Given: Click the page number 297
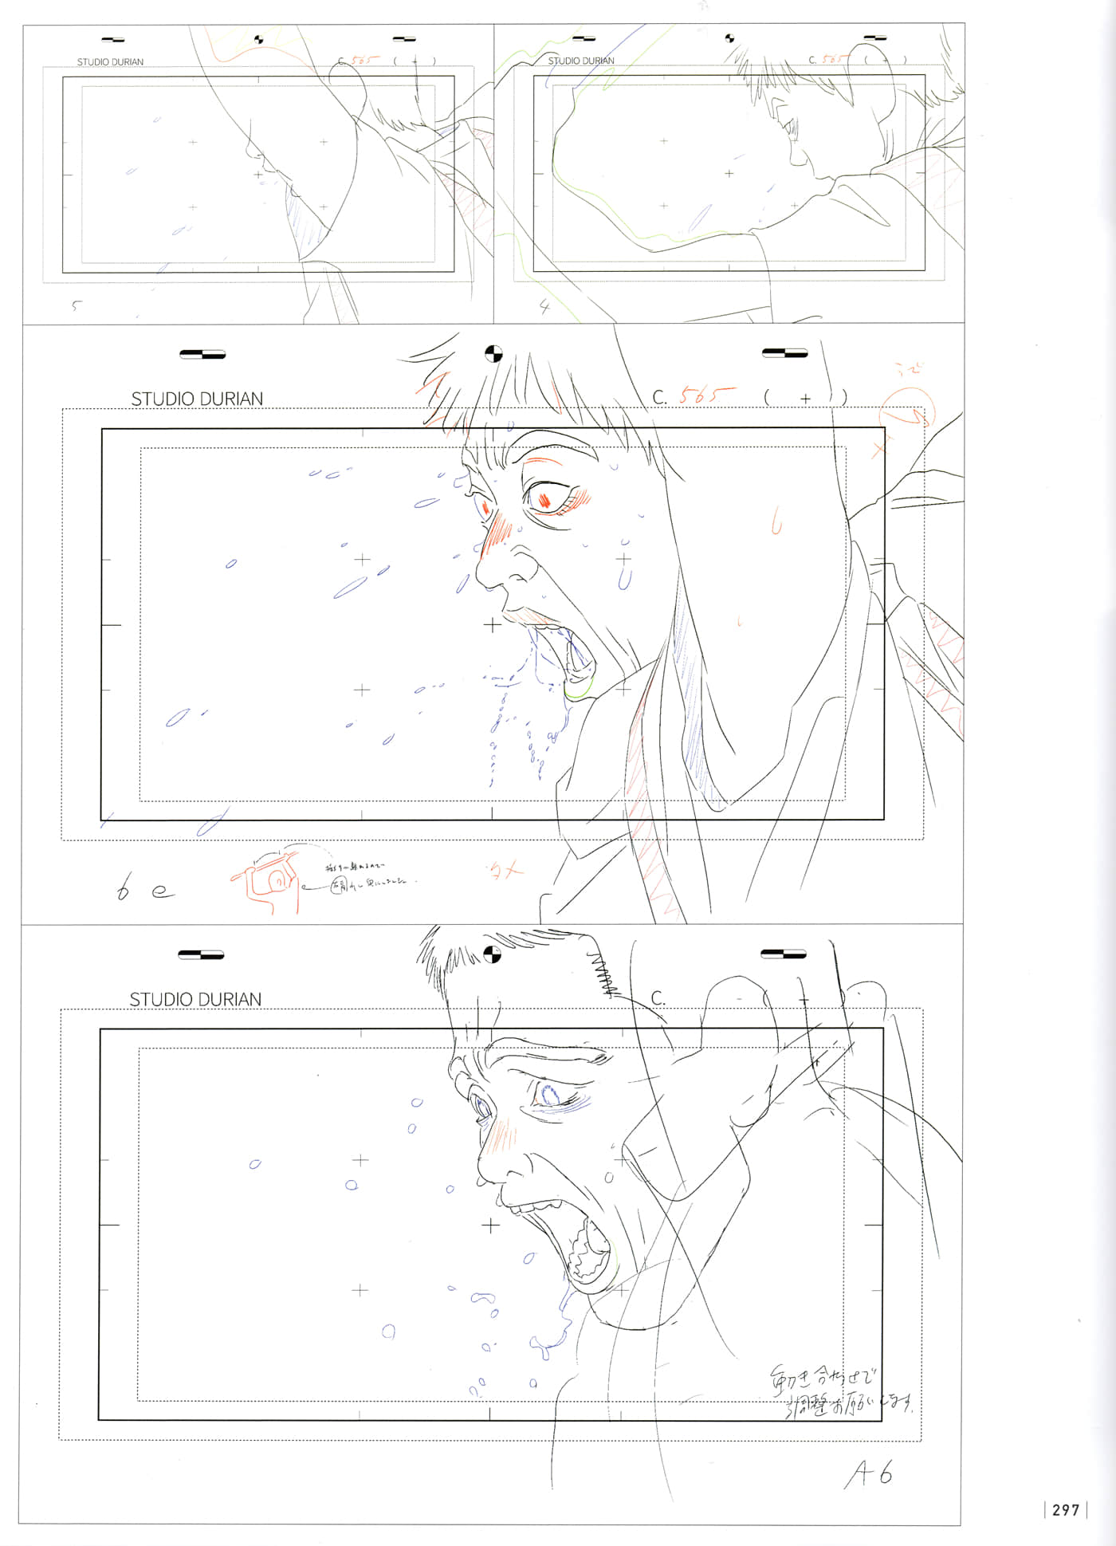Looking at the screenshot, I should point(1065,1509).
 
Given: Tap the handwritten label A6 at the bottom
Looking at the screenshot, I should point(869,1475).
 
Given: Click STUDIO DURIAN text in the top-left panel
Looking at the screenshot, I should point(110,61).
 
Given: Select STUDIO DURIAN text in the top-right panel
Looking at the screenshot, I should point(580,61).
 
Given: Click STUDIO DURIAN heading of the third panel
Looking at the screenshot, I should point(196,399).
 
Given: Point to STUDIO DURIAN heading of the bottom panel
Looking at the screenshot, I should point(195,999).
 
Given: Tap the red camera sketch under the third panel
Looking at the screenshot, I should point(268,881).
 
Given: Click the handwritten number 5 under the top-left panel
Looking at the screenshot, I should point(77,305).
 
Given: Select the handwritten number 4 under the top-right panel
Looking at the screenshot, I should point(544,306).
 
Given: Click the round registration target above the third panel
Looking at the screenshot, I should point(493,353).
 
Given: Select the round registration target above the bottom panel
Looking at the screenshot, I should point(493,954).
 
